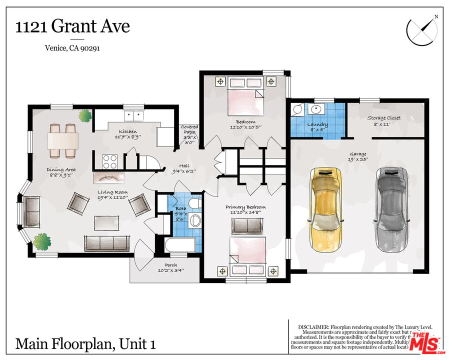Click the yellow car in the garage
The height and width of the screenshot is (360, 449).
coord(325,210)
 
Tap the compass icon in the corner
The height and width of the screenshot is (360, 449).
coord(422,30)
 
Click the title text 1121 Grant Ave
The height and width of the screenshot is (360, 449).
coord(73,26)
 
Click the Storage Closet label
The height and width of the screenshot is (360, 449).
coord(384,120)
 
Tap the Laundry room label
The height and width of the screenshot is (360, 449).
coord(317,126)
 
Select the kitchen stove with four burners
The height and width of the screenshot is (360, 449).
coord(110,161)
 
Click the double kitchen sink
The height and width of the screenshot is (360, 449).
coord(133,115)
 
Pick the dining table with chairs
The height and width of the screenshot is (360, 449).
coord(63,139)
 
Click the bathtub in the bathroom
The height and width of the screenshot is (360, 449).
coord(179,245)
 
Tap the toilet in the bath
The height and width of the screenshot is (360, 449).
coord(195,204)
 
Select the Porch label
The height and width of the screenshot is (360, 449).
coord(167,267)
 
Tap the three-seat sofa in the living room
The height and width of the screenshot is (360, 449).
coord(106,243)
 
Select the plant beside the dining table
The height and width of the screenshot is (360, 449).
coord(84,116)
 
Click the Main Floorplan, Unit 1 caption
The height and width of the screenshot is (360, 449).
coord(85,344)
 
